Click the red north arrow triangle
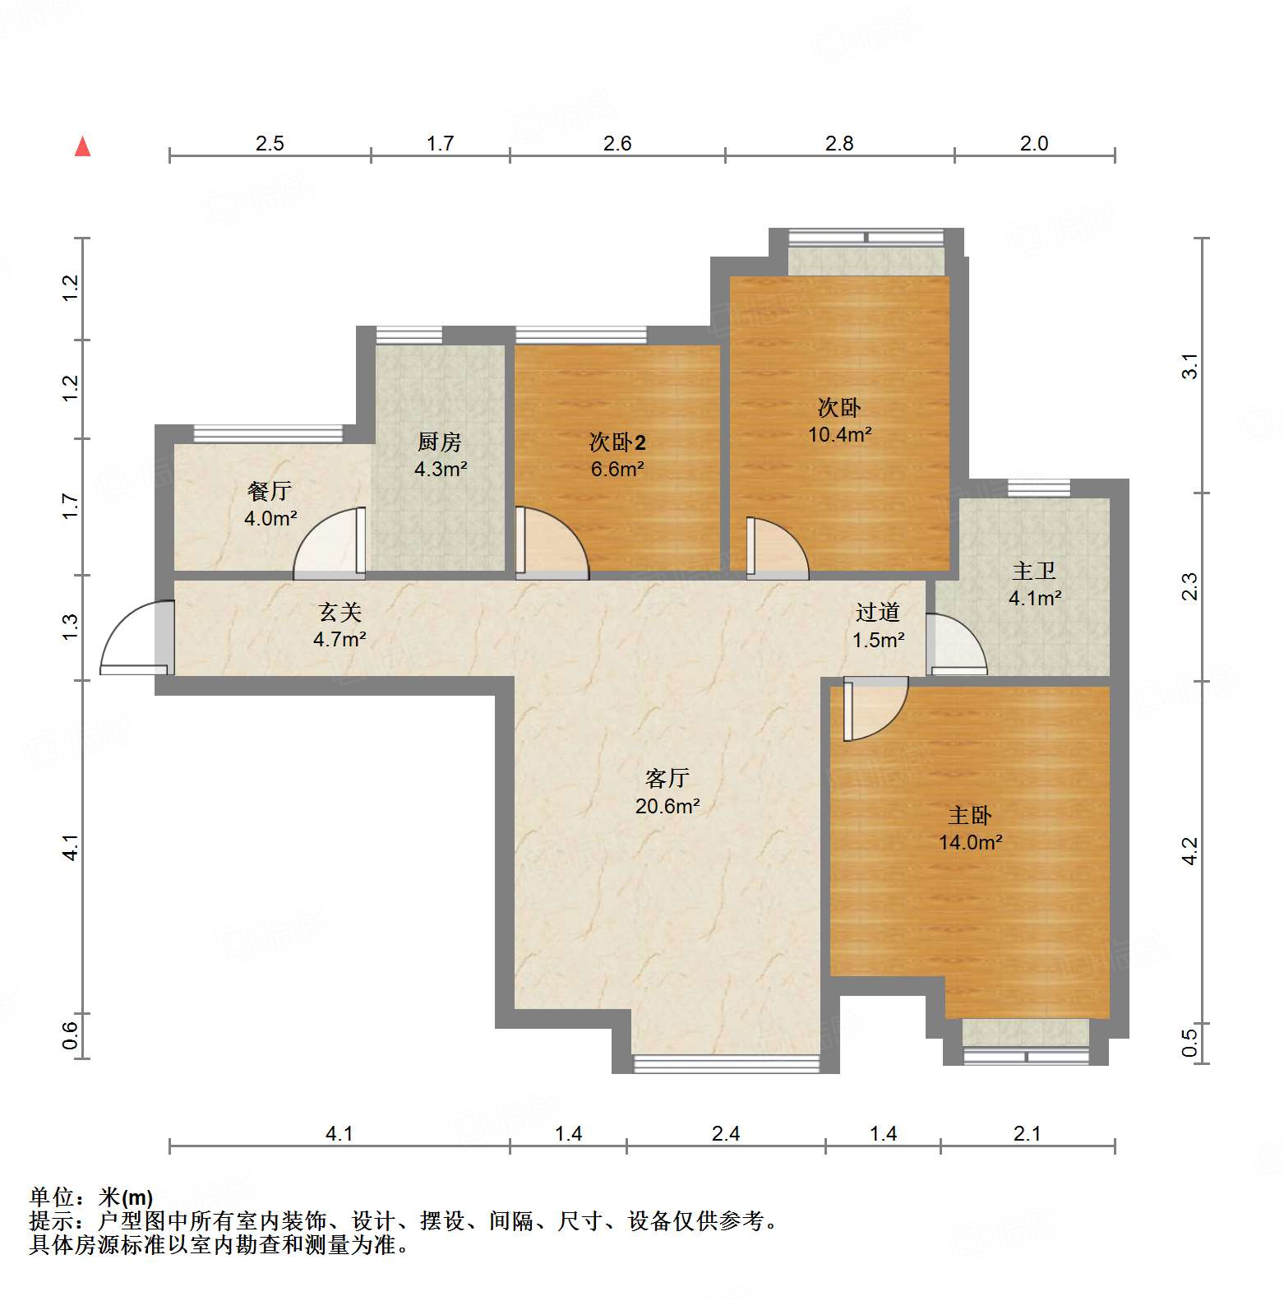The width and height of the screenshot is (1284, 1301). click(82, 147)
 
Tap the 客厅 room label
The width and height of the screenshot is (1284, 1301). click(667, 778)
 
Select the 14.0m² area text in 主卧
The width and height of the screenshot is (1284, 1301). click(970, 842)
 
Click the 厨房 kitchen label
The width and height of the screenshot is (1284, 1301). click(439, 442)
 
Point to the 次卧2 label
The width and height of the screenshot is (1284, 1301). click(617, 442)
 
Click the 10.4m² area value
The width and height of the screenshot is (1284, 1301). click(839, 434)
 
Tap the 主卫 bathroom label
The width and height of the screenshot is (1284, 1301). click(1033, 571)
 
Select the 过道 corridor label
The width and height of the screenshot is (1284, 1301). click(878, 612)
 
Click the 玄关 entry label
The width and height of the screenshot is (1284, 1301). click(339, 612)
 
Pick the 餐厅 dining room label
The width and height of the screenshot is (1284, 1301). click(270, 492)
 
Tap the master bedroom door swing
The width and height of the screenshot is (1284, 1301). click(874, 707)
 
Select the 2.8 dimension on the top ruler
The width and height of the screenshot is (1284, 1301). click(839, 144)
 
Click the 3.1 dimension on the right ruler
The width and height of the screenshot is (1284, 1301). click(1189, 366)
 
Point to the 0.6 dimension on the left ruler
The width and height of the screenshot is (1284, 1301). click(71, 1035)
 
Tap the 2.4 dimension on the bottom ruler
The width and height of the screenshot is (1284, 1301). click(726, 1134)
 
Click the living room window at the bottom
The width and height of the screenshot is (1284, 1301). click(726, 1064)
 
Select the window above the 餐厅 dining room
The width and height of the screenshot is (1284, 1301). click(267, 433)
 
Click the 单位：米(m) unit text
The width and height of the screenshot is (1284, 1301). click(91, 1197)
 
